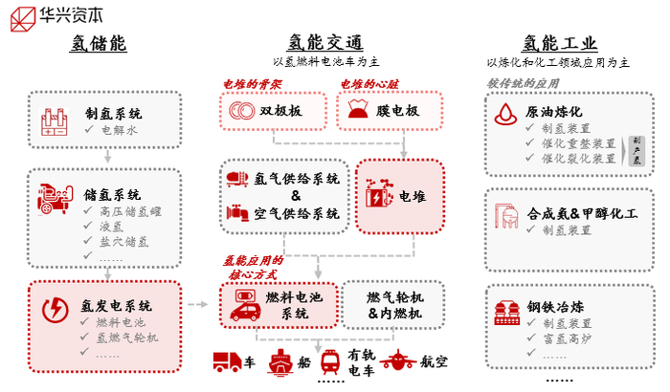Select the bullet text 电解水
(x=119, y=129)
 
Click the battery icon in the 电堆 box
(x=379, y=195)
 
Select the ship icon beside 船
(x=279, y=361)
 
